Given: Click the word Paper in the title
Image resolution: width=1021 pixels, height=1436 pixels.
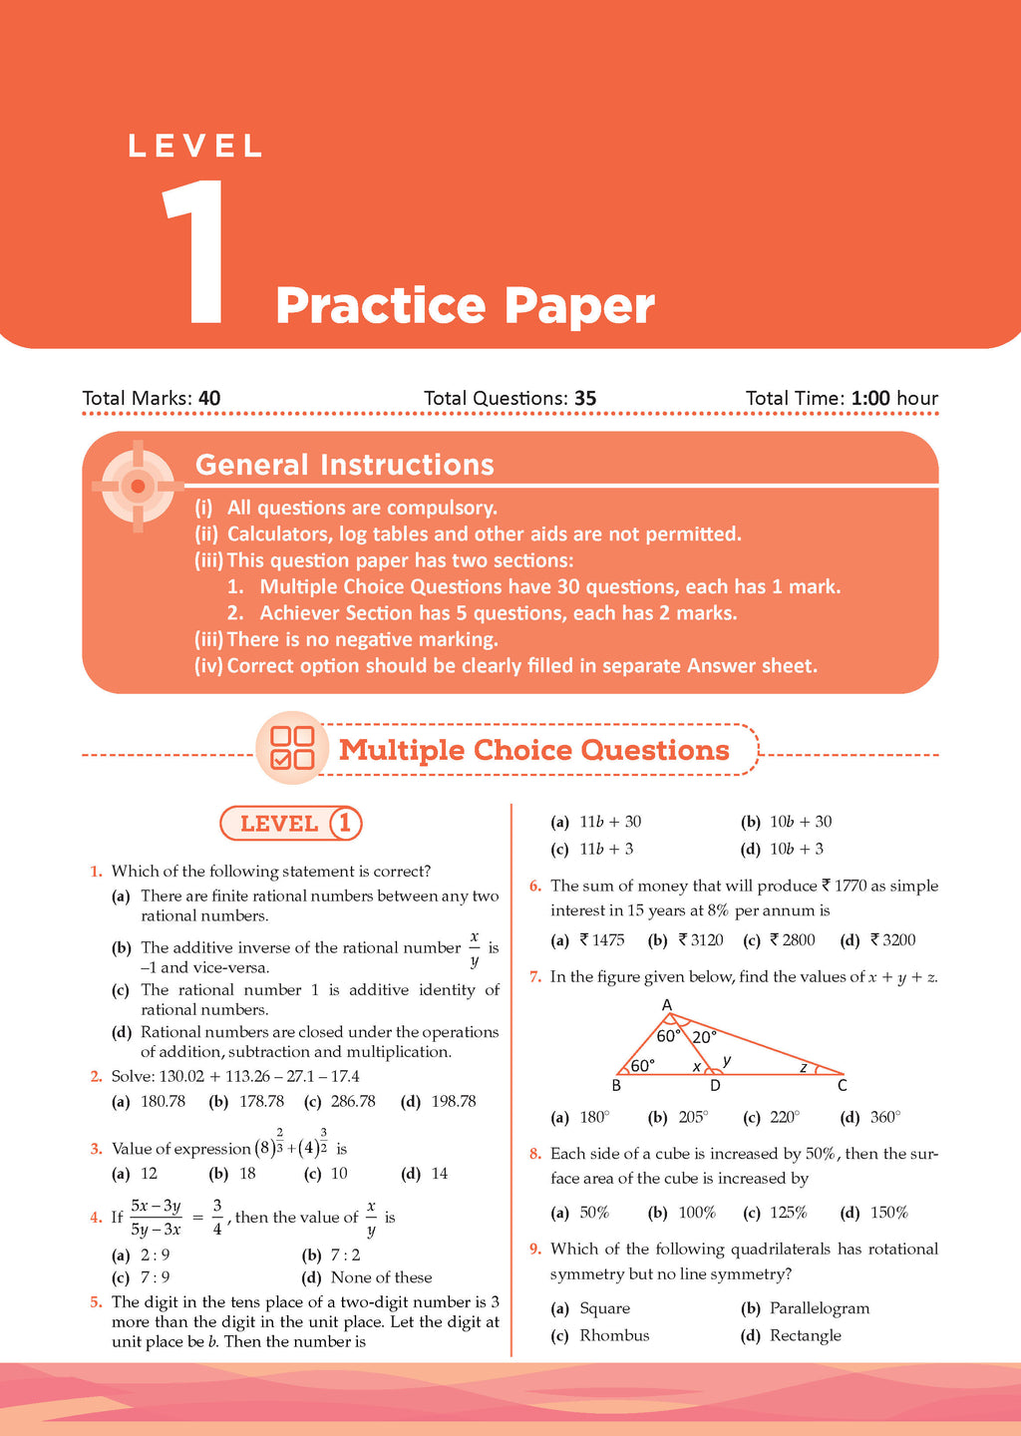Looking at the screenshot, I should pos(579,305).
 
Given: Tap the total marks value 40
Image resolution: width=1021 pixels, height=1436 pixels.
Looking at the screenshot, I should pos(209,399).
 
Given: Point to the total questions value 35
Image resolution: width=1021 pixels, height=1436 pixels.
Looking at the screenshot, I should pos(585,399).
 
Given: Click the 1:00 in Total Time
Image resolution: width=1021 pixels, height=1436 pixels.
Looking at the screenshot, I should pos(870,399).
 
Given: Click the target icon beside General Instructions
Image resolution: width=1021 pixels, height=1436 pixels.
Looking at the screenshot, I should pos(138,486).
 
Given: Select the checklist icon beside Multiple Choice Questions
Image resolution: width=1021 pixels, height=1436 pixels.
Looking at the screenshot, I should pos(292,748).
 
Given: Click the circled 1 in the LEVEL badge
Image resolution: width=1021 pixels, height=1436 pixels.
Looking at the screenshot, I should pos(345,824).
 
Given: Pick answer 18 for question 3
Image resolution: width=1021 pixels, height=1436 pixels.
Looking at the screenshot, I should pos(247,1174).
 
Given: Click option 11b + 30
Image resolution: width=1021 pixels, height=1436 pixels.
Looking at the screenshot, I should pos(609,822).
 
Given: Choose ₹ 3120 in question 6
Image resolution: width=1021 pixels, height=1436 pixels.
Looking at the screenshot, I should pos(700,940).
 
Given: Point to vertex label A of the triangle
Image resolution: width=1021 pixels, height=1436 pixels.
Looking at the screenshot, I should pos(667,1005).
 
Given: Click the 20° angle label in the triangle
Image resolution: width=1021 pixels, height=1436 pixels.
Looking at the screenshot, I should pos(704,1037).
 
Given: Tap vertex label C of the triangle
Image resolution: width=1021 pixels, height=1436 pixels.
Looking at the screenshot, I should pos(843,1086).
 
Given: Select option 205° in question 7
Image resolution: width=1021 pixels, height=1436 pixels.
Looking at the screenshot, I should pos(692,1118).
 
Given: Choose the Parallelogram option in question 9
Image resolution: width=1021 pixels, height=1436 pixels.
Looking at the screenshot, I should pos(819,1308).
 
